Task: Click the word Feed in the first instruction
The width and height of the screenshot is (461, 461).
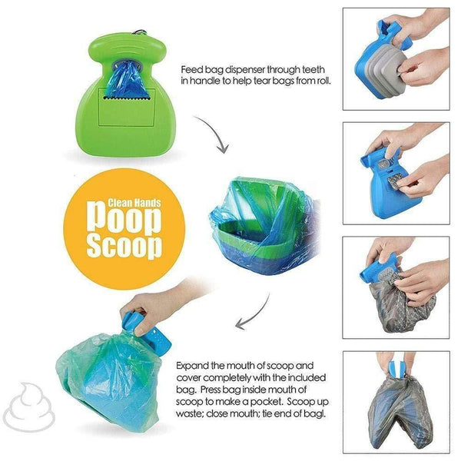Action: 191,68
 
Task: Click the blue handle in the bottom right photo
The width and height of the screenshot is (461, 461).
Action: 396,366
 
